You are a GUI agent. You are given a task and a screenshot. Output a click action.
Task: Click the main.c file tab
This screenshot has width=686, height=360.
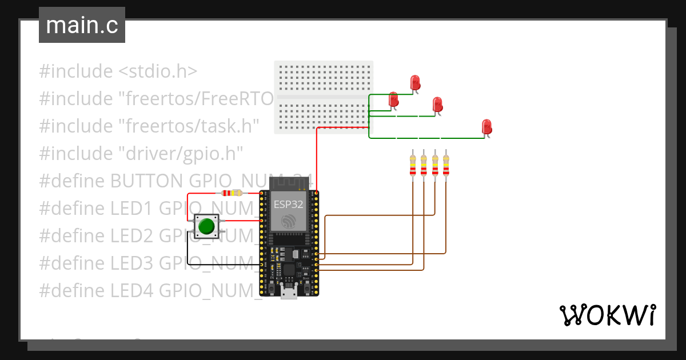click(x=82, y=25)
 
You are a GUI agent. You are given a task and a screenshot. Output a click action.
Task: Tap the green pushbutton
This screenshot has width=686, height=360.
click(x=206, y=226)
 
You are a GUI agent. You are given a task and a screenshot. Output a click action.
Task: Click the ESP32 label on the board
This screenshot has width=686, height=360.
click(x=288, y=203)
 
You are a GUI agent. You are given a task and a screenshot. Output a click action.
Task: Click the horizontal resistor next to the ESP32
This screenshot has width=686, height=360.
click(x=232, y=193)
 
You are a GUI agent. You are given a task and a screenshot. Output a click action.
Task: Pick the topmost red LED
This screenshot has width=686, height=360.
click(x=415, y=83)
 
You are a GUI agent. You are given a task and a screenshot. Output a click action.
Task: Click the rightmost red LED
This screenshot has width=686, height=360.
click(x=486, y=127)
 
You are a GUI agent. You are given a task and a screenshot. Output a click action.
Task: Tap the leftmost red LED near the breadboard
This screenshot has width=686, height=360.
click(x=393, y=100)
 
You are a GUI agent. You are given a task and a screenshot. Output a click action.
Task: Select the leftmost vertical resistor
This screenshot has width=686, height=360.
click(x=412, y=166)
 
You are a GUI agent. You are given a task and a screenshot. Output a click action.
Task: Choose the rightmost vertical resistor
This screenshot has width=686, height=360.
click(x=446, y=166)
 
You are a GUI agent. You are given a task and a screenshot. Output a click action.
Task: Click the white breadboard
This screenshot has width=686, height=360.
click(x=324, y=97)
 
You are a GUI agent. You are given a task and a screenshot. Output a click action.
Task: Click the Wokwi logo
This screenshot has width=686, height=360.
click(x=607, y=315)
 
